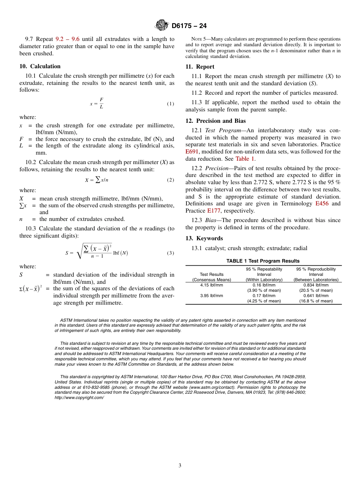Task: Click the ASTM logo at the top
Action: click(162, 26)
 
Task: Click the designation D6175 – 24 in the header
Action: click(189, 26)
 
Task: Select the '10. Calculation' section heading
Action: click(40, 66)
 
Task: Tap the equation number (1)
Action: click(171, 104)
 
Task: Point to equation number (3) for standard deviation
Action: click(171, 253)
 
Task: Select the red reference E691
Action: click(192, 152)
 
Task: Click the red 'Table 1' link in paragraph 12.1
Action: click(245, 159)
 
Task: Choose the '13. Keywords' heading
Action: click(204, 238)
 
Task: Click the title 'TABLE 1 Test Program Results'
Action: click(263, 261)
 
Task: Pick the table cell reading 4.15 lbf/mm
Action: click(211, 285)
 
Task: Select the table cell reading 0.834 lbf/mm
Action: click(316, 285)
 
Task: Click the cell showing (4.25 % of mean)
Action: click(264, 301)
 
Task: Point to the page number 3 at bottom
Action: click(180, 466)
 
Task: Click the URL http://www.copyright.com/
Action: click(79, 397)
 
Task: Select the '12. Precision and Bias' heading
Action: click(215, 121)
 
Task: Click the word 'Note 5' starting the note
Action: click(199, 39)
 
